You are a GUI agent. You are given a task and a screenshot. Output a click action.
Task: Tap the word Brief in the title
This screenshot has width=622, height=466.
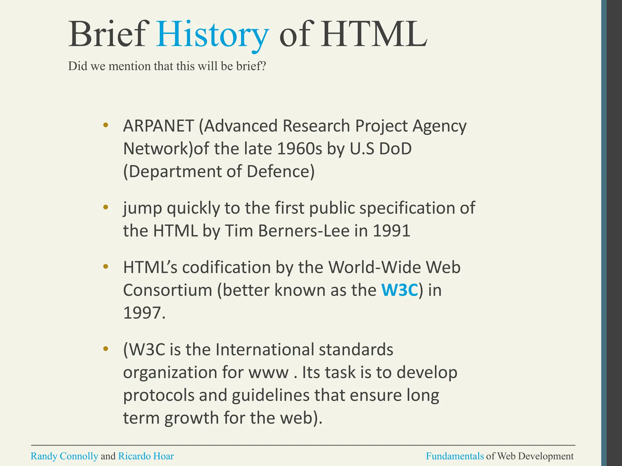pos(107,34)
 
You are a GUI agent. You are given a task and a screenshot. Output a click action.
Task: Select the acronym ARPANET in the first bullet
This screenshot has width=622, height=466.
pos(158,126)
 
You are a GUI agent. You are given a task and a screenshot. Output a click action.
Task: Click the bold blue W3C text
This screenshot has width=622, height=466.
pos(400,290)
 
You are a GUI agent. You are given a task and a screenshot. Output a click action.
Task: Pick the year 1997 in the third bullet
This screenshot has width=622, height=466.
pos(142,313)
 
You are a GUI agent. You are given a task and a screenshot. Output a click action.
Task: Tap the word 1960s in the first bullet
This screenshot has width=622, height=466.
pos(299,149)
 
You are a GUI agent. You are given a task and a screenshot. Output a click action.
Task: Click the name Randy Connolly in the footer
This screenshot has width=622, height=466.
pos(64,456)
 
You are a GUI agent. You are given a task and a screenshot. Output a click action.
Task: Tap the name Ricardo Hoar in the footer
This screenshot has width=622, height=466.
pos(146,456)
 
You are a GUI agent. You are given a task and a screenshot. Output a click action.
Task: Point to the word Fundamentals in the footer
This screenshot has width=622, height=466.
pos(455,456)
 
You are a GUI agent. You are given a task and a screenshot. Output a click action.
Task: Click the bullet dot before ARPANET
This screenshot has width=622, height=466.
pos(105,125)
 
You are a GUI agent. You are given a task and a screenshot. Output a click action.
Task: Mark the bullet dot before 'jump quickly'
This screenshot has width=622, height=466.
pos(105,208)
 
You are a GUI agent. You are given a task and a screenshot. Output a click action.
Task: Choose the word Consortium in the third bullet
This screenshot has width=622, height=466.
pos(167,290)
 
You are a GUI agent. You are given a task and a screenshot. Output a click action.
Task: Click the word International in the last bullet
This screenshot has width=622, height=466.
pos(265,349)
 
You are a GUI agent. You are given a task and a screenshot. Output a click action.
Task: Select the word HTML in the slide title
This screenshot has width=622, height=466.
pos(374,34)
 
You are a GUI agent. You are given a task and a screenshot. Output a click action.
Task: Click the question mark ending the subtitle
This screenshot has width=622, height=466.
pos(263,66)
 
